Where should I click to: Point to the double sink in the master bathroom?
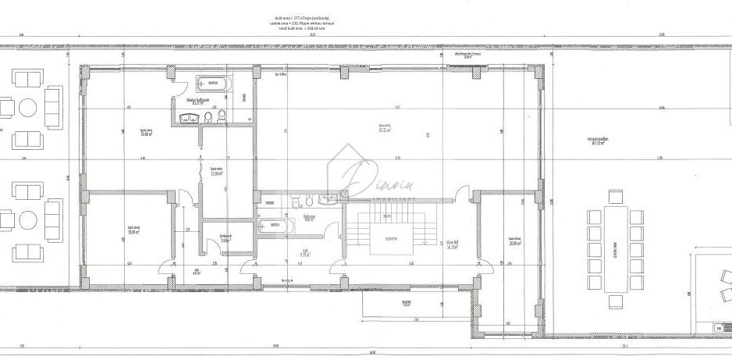tap(188, 119)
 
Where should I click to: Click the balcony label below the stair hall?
tap(406, 304)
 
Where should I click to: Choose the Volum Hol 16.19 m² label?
tap(451, 244)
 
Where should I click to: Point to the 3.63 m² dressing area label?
tap(225, 240)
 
